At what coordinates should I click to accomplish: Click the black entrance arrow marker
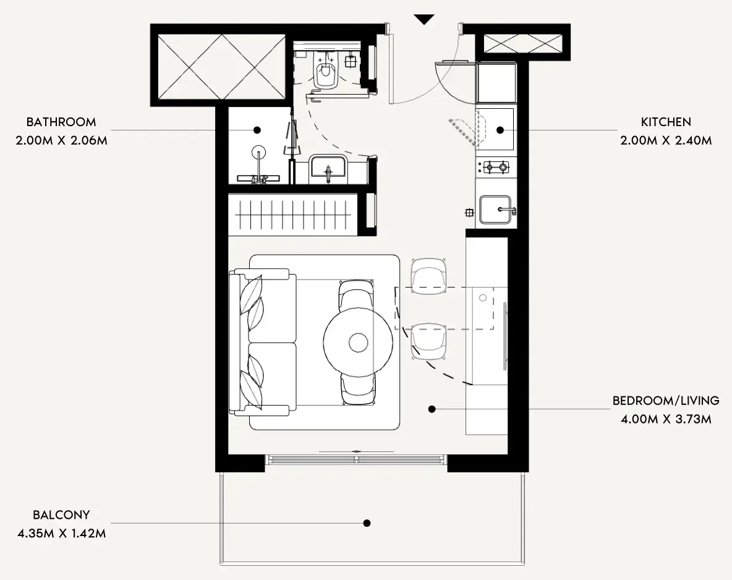424,19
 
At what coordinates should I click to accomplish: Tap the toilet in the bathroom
325,70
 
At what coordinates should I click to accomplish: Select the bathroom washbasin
327,167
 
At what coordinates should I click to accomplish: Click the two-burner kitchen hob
496,166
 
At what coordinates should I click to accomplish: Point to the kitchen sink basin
495,210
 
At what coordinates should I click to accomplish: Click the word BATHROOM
61,122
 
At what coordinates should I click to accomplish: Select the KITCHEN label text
666,122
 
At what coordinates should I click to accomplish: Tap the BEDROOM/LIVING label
666,401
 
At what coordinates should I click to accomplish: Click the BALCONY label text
61,515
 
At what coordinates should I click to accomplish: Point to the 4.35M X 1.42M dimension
62,533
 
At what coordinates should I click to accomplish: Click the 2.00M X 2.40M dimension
666,140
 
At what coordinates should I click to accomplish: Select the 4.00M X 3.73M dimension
666,419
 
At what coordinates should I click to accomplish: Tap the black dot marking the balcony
367,523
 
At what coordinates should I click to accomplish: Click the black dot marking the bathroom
257,130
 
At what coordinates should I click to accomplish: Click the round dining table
358,343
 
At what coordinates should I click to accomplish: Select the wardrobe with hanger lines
292,215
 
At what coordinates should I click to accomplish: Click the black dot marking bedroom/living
432,409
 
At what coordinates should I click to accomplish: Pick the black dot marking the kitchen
500,130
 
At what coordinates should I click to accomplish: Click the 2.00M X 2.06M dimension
62,140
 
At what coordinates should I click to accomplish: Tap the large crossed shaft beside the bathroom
221,67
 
